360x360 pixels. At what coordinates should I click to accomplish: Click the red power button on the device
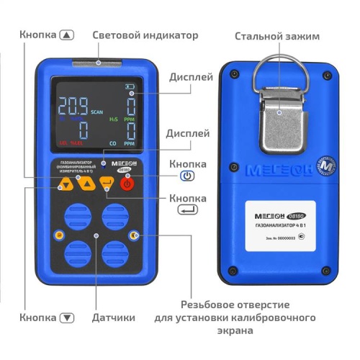128,184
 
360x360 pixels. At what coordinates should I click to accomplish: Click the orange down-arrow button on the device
66,185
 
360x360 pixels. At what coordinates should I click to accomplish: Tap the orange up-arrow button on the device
87,184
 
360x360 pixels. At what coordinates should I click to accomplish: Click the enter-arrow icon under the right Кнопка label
187,210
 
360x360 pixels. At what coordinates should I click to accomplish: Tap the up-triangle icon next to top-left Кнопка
67,35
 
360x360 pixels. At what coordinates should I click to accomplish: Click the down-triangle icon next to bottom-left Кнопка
67,318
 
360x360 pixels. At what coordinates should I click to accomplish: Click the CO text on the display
112,144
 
